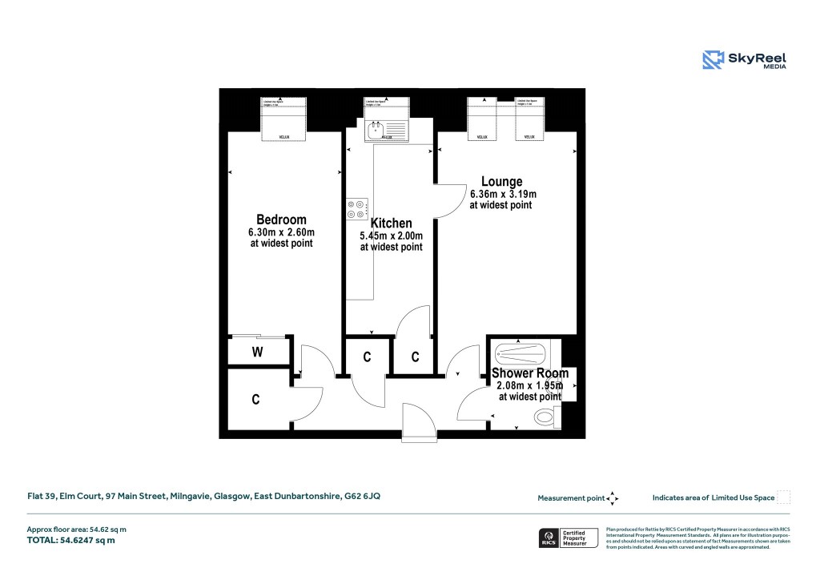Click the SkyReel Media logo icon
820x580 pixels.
tap(713, 60)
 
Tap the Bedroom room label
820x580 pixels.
tap(280, 220)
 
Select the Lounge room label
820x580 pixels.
tap(502, 182)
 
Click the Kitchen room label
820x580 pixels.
tap(391, 223)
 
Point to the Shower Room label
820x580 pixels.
tap(529, 373)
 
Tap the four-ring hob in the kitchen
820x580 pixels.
tap(356, 208)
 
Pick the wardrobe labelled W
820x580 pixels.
tap(258, 351)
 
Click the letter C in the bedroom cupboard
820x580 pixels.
tap(255, 400)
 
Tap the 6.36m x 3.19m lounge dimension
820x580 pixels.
tap(502, 194)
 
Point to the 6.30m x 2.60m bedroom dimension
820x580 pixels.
tap(280, 232)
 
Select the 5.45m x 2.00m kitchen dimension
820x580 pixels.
tap(391, 236)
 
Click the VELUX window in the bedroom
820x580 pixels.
tap(283, 120)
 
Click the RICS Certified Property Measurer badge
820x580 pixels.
tap(568, 538)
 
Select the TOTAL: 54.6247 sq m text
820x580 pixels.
tap(72, 541)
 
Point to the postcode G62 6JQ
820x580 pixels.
tap(361, 497)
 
